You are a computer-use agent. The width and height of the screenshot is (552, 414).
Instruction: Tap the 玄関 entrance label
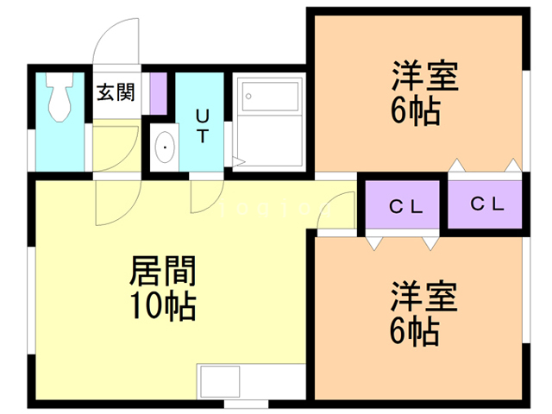tap(115, 92)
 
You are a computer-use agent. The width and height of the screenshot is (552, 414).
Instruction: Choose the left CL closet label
tap(402, 206)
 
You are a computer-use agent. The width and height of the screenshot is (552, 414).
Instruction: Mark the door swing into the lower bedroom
tap(331, 222)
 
